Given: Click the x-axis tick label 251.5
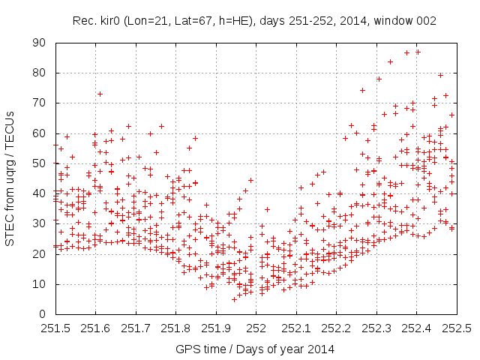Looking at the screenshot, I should click(55, 328).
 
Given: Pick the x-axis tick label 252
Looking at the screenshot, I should click(256, 328).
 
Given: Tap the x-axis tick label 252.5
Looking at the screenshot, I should click(456, 328).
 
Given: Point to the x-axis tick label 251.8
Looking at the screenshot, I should click(175, 328).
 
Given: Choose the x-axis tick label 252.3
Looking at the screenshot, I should click(376, 328).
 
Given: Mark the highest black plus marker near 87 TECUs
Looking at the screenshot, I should click(418, 52).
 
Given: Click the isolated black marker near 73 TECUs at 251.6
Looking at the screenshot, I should click(100, 94).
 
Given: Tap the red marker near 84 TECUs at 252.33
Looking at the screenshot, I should click(390, 61).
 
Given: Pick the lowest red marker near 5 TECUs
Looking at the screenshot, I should click(234, 299).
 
